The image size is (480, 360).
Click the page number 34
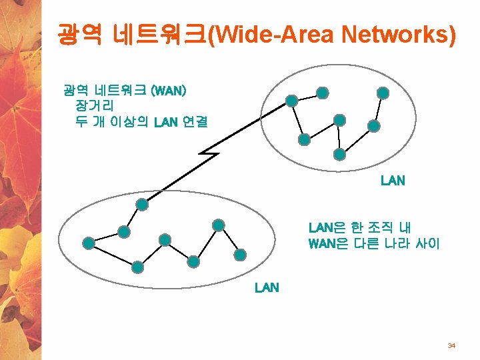pyautogui.click(x=451, y=346)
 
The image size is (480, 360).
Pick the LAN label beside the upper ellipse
pyautogui.click(x=393, y=181)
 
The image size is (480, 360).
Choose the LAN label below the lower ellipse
pyautogui.click(x=267, y=288)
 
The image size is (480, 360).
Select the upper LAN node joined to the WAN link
pyautogui.click(x=291, y=101)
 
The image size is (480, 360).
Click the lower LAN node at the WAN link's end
pyautogui.click(x=141, y=205)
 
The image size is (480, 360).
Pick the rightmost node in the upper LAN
pyautogui.click(x=383, y=93)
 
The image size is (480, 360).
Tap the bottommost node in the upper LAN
pyautogui.click(x=339, y=154)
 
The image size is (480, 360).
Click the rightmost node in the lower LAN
pyautogui.click(x=240, y=254)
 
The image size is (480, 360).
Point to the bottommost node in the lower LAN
pyautogui.click(x=137, y=267)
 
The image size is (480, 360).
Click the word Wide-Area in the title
pyautogui.click(x=275, y=34)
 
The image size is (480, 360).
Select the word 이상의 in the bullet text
pyautogui.click(x=131, y=122)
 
